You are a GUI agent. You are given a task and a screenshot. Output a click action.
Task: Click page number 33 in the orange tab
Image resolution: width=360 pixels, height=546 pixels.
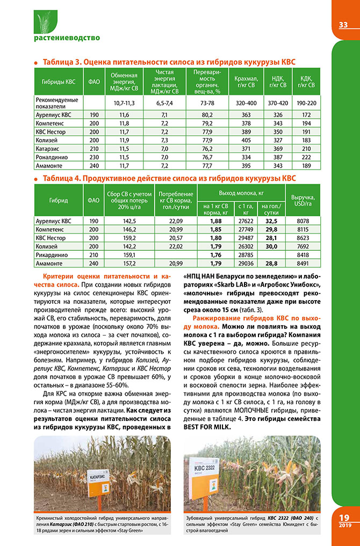pos(343,25)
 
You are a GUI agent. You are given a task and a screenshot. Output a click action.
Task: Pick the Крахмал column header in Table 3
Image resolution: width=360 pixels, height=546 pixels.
pos(246,82)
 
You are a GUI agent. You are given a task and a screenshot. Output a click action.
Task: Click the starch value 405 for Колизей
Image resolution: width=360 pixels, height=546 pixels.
pos(246,140)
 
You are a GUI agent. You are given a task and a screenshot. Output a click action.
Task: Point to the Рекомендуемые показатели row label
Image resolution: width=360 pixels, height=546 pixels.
pos(56,102)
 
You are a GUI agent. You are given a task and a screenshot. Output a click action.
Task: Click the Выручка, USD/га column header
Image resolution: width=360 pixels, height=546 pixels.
pos(301,200)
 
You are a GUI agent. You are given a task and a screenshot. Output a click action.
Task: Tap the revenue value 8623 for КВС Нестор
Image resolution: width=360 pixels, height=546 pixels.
pos(303,238)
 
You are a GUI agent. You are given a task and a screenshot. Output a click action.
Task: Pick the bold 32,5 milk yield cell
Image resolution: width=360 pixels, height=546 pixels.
pos(271,221)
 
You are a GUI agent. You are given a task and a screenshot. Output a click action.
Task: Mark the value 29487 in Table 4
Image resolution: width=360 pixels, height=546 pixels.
pos(245,238)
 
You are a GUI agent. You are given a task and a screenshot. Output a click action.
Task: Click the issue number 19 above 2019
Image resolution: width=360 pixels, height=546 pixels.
pos(344,517)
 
